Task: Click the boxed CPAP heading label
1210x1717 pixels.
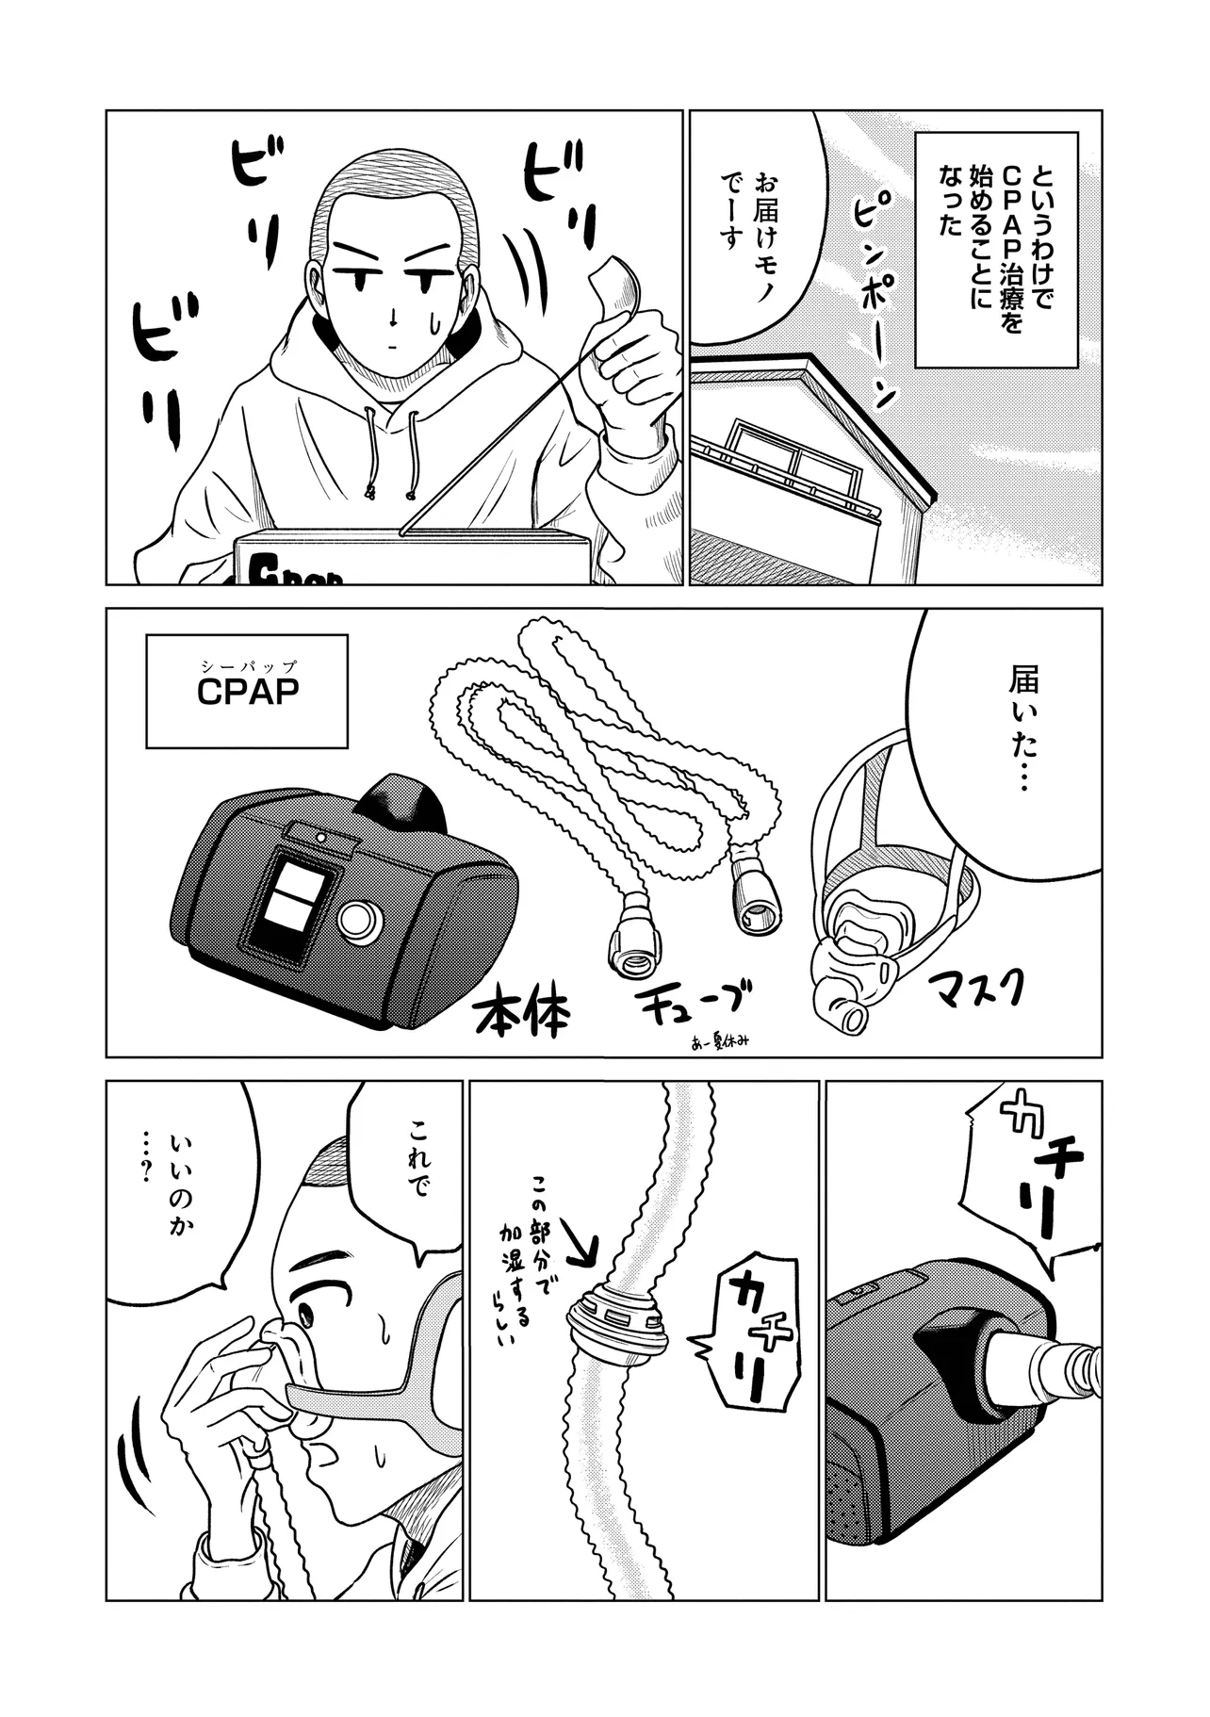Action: coord(248,690)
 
